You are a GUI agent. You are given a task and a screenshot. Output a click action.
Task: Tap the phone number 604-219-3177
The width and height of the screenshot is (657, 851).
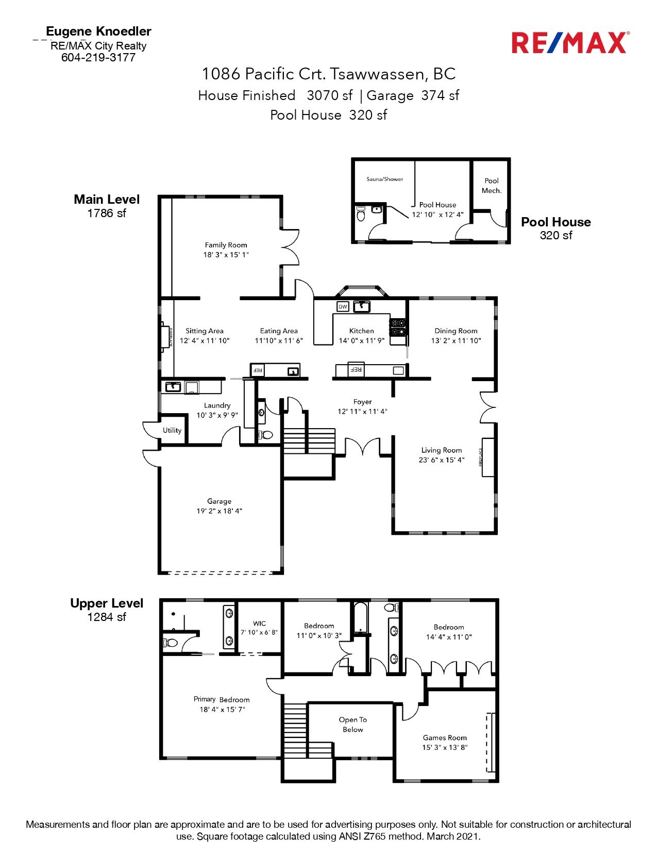(98, 58)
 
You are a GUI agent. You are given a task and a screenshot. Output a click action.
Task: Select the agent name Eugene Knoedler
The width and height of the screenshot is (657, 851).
(98, 31)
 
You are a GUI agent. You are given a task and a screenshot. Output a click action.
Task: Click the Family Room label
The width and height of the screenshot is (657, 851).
(226, 245)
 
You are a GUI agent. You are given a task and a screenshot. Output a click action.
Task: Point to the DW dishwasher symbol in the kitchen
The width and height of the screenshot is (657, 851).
(343, 306)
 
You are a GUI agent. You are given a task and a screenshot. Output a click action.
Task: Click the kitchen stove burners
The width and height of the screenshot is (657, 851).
(398, 328)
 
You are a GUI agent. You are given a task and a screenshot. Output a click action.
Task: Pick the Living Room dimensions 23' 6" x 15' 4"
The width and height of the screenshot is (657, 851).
(442, 460)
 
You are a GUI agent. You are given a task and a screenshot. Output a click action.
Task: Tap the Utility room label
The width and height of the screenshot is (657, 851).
(172, 430)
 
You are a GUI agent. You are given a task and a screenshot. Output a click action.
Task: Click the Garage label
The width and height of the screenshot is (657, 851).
(219, 501)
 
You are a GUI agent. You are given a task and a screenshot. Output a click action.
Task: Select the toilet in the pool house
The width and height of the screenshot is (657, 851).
(361, 214)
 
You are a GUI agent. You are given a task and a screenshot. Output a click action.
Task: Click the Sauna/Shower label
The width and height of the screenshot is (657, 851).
(384, 179)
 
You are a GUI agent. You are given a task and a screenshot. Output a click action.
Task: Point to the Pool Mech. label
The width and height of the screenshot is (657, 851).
(492, 186)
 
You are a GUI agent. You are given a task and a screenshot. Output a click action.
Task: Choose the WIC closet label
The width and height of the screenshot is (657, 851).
(259, 623)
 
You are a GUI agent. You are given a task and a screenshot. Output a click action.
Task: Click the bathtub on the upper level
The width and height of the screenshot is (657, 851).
(360, 617)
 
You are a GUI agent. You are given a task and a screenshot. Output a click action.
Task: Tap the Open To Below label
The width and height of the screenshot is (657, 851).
(352, 725)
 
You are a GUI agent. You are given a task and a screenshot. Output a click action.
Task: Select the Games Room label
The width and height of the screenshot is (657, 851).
(445, 738)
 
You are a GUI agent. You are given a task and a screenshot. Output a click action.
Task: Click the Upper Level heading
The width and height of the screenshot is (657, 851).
(107, 603)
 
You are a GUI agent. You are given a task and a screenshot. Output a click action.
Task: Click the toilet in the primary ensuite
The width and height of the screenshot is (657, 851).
(170, 643)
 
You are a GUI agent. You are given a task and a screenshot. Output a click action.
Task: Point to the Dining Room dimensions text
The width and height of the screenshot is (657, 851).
(456, 340)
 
